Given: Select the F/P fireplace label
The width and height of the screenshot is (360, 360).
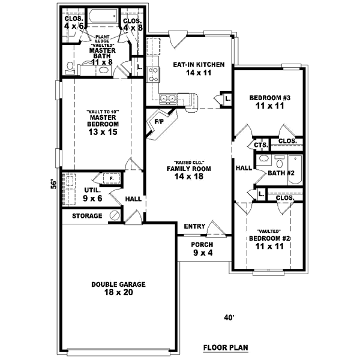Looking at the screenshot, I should (160, 122).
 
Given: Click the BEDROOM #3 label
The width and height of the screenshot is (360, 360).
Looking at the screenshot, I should (269, 101).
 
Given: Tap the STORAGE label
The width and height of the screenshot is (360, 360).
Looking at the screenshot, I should (87, 215).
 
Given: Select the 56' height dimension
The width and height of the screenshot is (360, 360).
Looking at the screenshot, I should (53, 184).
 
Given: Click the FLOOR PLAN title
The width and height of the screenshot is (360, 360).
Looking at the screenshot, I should (225, 347).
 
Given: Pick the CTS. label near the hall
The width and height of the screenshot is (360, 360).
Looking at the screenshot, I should (260, 145).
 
